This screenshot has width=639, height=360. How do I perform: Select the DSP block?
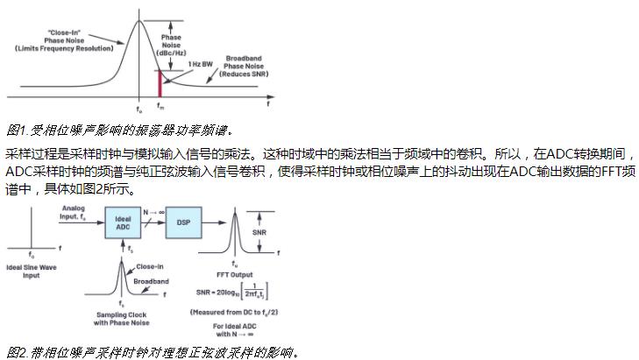tap(182, 223)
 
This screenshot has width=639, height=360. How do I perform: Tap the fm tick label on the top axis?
tap(160, 107)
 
